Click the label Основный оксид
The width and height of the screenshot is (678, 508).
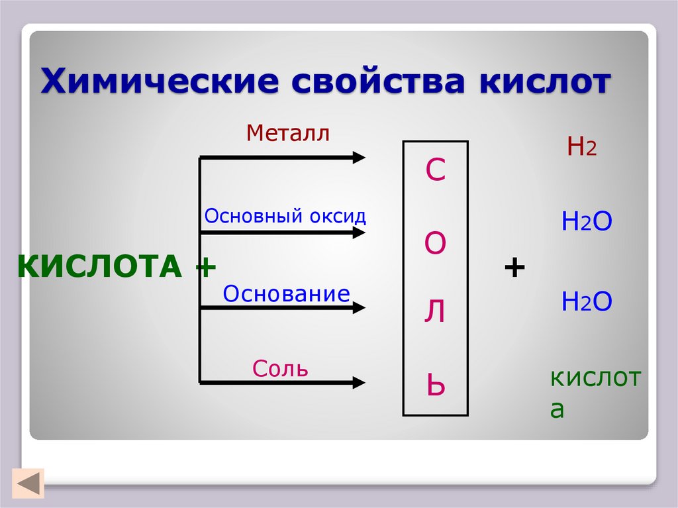pyautogui.click(x=285, y=216)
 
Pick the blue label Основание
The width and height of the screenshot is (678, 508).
pyautogui.click(x=286, y=293)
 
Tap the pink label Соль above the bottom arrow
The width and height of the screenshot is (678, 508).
pyautogui.click(x=280, y=368)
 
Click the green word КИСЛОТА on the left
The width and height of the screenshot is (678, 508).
pyautogui.click(x=99, y=267)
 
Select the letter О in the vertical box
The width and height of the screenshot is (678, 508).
pyautogui.click(x=435, y=244)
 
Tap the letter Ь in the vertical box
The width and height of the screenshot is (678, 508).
pyautogui.click(x=435, y=385)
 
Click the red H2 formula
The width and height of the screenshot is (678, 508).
pyautogui.click(x=581, y=147)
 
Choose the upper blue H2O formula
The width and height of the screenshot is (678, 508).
pyautogui.click(x=586, y=223)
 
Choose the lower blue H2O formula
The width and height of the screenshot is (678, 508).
pyautogui.click(x=586, y=302)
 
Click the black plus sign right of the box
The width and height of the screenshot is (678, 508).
pyautogui.click(x=514, y=268)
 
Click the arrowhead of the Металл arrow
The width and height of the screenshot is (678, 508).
pyautogui.click(x=359, y=157)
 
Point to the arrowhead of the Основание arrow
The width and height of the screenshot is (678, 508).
pyautogui.click(x=359, y=307)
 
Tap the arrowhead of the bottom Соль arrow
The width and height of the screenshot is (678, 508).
pyautogui.click(x=359, y=382)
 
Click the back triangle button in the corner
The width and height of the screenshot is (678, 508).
pyautogui.click(x=28, y=483)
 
